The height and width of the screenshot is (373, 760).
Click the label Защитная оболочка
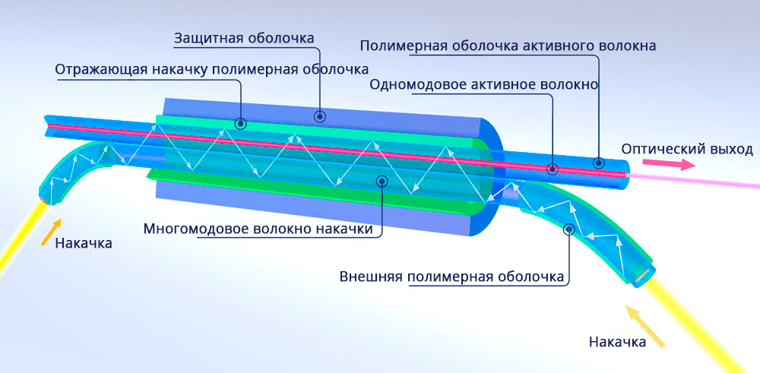[244, 38]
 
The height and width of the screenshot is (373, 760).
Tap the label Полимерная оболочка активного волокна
[508, 46]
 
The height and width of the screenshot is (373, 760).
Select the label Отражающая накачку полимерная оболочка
[211, 70]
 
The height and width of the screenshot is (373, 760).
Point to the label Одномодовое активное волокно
[484, 84]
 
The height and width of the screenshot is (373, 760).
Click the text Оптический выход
[687, 148]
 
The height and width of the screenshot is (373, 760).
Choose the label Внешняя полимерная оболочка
[452, 276]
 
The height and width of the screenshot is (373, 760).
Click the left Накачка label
[84, 243]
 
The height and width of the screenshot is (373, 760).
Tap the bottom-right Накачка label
[618, 342]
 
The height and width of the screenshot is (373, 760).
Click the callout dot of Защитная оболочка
[321, 116]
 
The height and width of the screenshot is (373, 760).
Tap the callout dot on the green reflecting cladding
[241, 122]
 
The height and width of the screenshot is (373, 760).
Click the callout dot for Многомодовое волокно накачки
[381, 181]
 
